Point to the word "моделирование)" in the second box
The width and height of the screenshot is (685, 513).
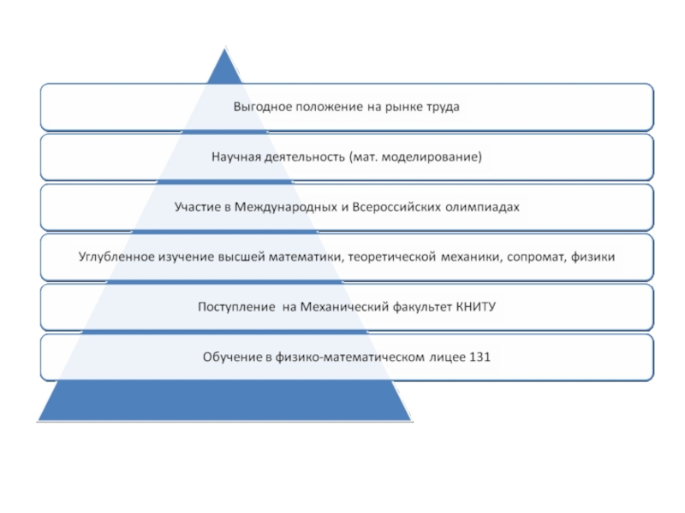[x=438, y=157]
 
